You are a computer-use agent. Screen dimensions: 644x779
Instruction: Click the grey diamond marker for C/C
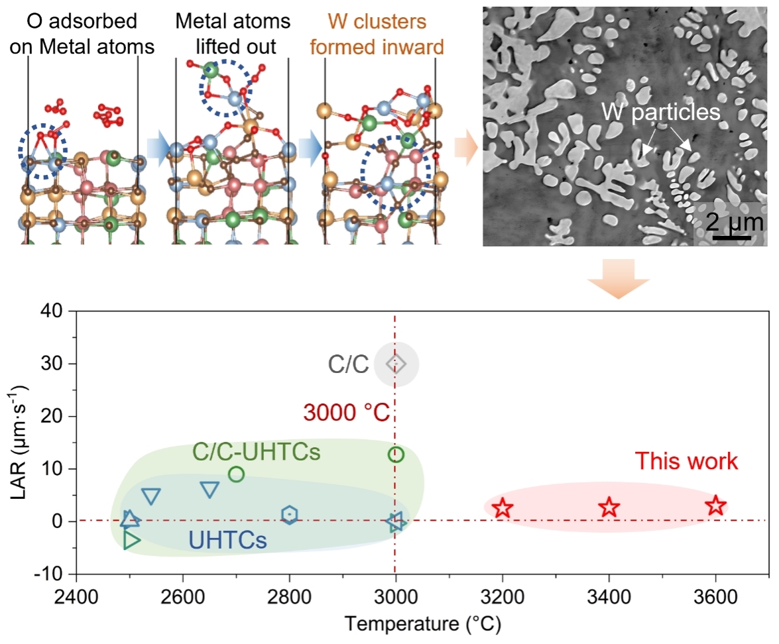(x=396, y=363)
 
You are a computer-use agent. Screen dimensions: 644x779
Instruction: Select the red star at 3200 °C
(x=503, y=508)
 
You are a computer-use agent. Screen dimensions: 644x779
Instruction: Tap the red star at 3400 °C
(x=609, y=508)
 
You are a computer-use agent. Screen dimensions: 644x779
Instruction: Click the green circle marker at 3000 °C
(x=396, y=455)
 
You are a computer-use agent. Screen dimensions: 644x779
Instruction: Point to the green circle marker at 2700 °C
(x=236, y=474)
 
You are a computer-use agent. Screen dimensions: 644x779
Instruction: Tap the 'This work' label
(x=687, y=461)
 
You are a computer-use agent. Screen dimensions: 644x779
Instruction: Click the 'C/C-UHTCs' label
(x=257, y=453)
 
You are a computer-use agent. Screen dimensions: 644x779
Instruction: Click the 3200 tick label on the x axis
(x=503, y=592)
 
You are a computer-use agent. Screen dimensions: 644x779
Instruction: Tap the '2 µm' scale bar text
(x=734, y=222)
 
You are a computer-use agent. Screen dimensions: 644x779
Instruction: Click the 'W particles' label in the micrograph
(x=660, y=112)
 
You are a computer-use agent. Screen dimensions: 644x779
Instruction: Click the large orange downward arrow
(x=618, y=278)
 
